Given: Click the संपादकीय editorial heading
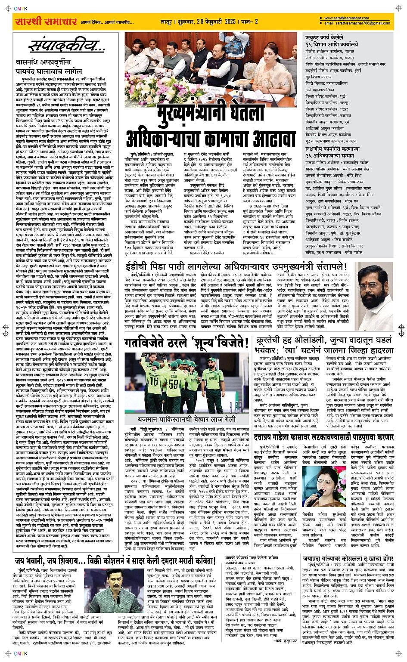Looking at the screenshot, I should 67,46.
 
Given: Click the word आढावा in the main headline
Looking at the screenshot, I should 270,139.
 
